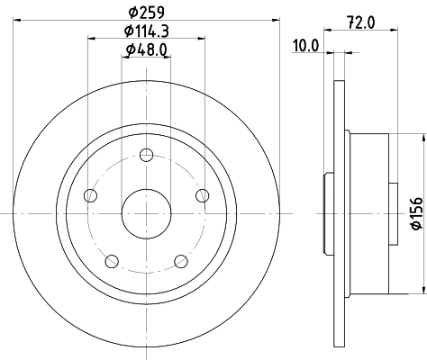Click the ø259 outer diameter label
coord(147,12)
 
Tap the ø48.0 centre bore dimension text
coord(147,50)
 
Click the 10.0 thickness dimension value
coord(306,44)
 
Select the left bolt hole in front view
coord(88,195)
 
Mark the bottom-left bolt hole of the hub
coord(112,261)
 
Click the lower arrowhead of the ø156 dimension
coord(422,290)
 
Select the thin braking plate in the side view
coord(339,212)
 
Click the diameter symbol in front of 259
coord(132,12)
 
